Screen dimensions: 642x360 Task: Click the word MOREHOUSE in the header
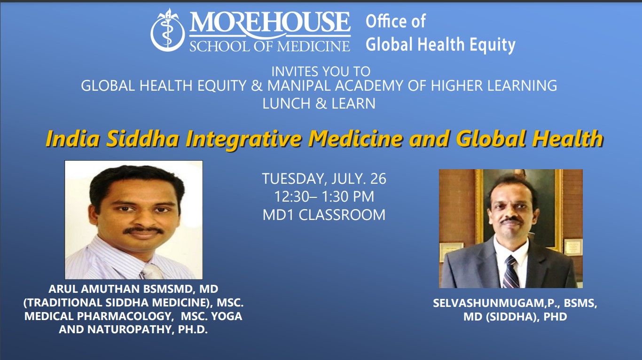tap(270, 22)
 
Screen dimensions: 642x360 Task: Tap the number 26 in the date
tap(378, 179)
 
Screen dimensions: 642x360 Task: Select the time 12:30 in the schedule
tap(292, 196)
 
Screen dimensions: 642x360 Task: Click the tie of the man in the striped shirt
tap(150, 272)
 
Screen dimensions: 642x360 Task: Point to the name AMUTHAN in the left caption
tap(111, 289)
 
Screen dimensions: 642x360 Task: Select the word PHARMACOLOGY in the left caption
tap(125, 316)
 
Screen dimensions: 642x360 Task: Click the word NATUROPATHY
tap(130, 329)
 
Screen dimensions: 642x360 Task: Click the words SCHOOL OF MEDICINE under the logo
tap(270, 46)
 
